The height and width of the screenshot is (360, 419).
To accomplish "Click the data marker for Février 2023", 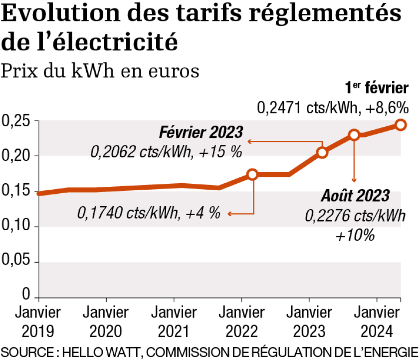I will click(x=322, y=152).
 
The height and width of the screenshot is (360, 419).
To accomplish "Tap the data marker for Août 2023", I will click(x=354, y=135).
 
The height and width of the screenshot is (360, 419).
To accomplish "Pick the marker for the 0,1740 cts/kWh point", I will click(x=252, y=174).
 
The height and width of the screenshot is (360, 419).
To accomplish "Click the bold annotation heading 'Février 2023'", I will click(x=201, y=133).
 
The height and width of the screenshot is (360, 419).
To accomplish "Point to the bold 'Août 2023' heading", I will click(x=355, y=195).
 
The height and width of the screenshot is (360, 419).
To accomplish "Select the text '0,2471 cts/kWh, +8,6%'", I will click(x=333, y=107).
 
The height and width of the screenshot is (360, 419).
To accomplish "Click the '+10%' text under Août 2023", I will click(x=355, y=235).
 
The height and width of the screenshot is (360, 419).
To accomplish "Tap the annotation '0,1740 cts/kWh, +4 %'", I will click(x=149, y=213).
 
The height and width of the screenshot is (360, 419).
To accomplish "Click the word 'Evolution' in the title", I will click(x=47, y=14).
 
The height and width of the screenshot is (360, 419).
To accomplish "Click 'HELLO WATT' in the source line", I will click(x=95, y=351).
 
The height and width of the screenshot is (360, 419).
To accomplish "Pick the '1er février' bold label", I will click(x=377, y=88).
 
